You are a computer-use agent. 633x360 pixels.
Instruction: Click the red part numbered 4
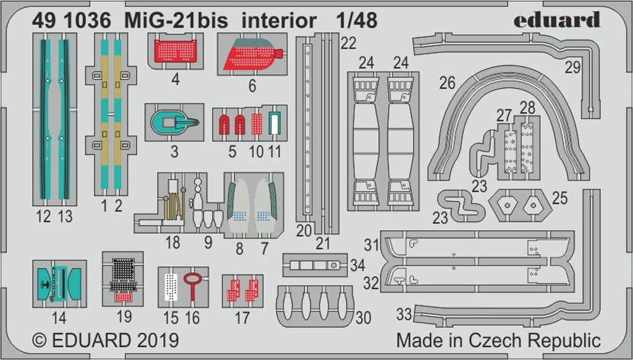tap(176, 51)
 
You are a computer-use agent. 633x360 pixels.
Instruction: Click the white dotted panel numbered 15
tap(171, 286)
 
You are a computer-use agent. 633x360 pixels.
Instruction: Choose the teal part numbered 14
tap(59, 284)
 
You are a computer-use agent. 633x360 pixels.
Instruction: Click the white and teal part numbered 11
tap(274, 124)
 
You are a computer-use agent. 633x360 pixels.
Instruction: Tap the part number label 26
tap(447, 83)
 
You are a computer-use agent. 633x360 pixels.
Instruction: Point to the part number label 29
tap(572, 67)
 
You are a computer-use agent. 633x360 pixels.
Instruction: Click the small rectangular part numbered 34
tap(315, 265)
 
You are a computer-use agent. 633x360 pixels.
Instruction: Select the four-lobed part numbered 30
tap(315, 306)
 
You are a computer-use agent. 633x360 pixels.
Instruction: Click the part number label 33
tap(404, 314)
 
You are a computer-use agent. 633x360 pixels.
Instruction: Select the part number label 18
tap(173, 242)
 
